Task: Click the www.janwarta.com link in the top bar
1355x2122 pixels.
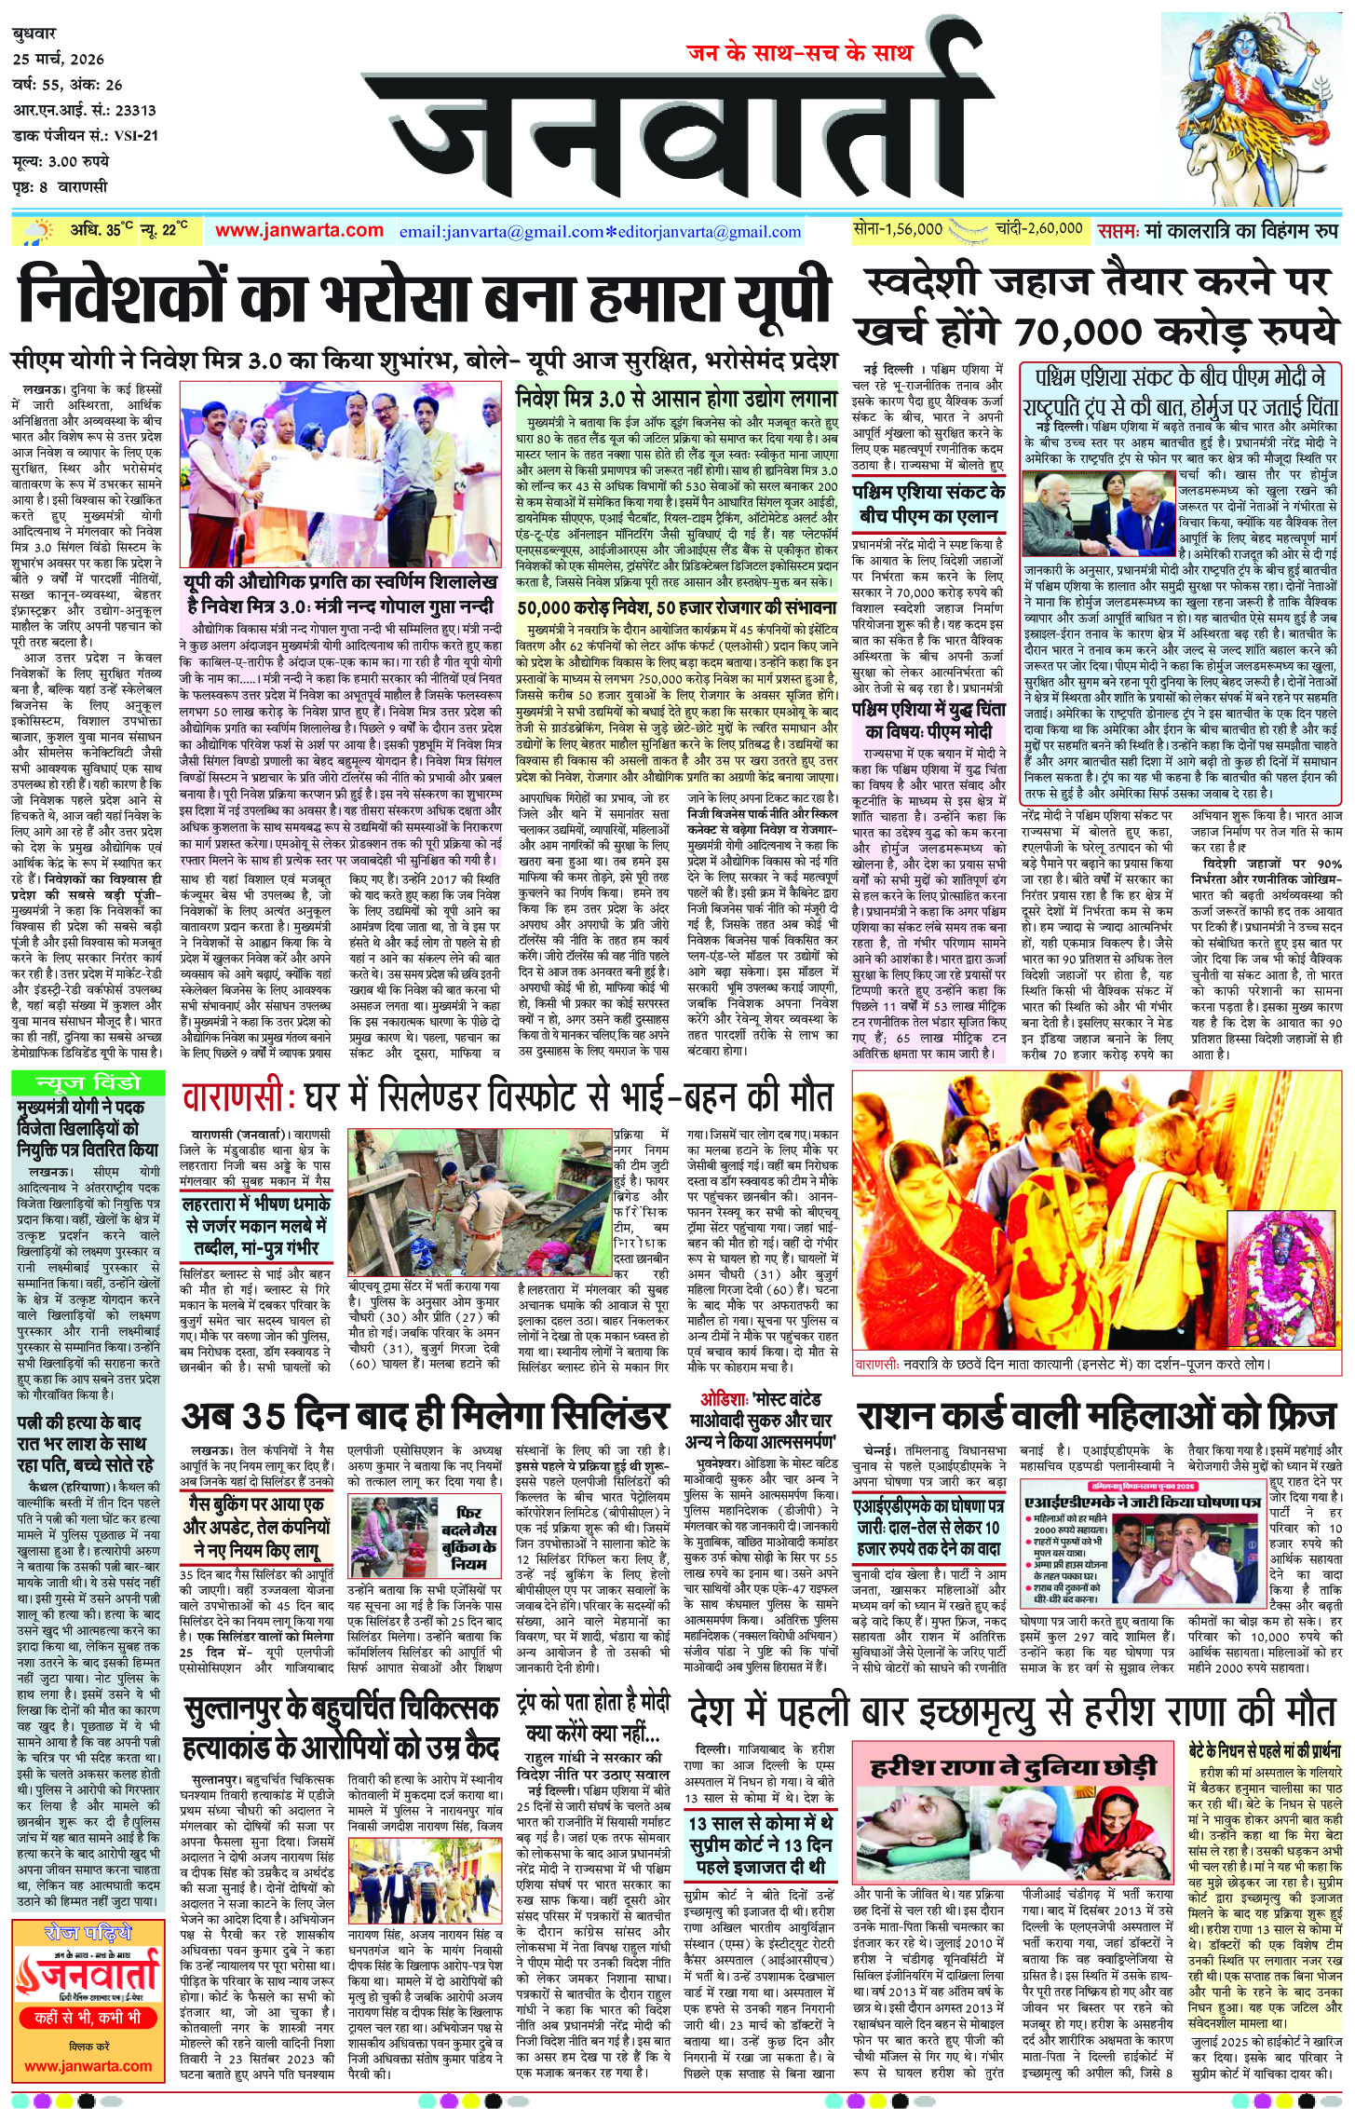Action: [x=299, y=230]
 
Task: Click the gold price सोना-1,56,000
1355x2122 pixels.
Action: [x=898, y=228]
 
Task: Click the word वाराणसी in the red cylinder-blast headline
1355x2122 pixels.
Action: [x=237, y=1097]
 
